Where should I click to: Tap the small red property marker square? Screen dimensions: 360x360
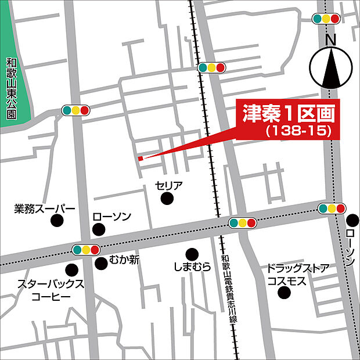140,157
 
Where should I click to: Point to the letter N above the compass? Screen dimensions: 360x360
331,40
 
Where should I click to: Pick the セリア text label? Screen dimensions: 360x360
169,186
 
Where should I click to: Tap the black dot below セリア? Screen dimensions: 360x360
167,199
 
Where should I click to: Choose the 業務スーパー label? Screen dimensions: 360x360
45,208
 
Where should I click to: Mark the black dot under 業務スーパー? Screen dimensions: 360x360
56,221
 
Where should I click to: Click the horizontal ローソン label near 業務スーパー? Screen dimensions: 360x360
112,217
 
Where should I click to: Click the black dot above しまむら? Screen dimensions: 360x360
192,254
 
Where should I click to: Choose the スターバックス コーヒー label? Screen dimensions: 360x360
51,290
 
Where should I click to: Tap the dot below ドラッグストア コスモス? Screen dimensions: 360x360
284,293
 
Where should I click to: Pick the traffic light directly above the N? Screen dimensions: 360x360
326,19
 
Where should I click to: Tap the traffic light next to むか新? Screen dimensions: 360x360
86,250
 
